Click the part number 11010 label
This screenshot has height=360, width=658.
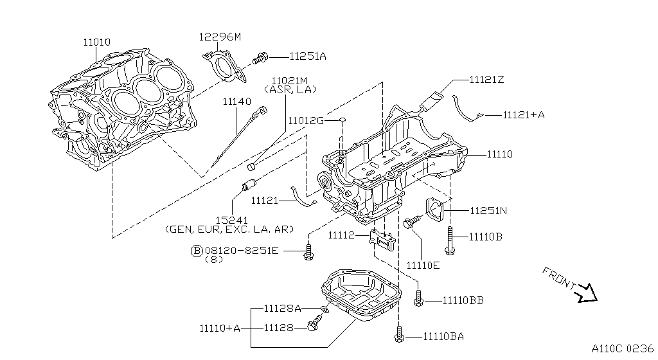pos(96,42)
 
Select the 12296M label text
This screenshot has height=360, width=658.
pos(219,37)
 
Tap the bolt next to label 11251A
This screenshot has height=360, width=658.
pos(261,58)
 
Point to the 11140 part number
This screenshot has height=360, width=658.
pos(236,102)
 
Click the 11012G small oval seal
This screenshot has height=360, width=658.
pos(343,120)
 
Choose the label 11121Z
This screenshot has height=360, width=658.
pos(486,80)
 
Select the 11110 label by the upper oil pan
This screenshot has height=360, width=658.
pos(499,154)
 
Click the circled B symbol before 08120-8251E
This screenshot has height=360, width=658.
pos(197,250)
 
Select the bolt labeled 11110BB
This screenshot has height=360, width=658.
pos(419,297)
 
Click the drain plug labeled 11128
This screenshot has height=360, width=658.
pos(314,326)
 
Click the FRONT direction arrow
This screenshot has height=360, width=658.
pos(587,292)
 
